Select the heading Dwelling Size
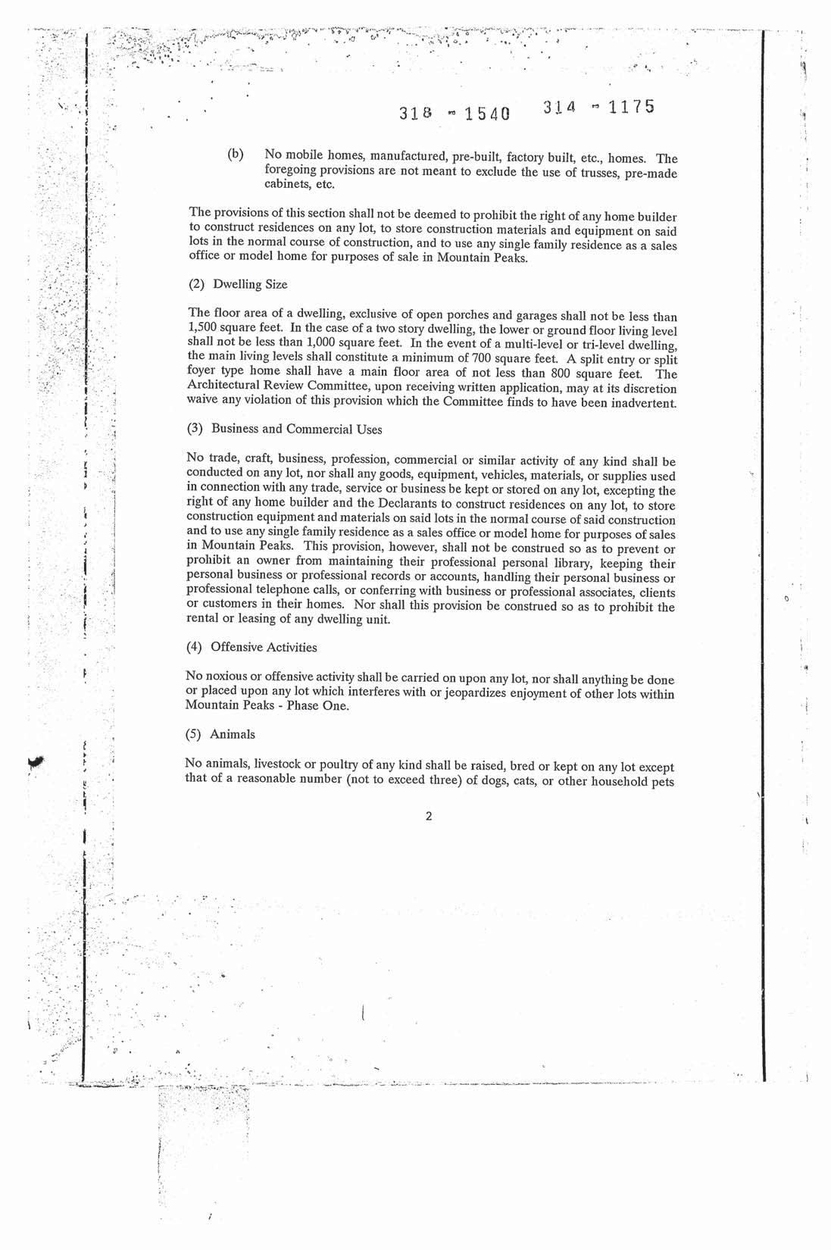point(249,285)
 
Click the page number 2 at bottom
point(429,817)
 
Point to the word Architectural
point(220,387)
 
